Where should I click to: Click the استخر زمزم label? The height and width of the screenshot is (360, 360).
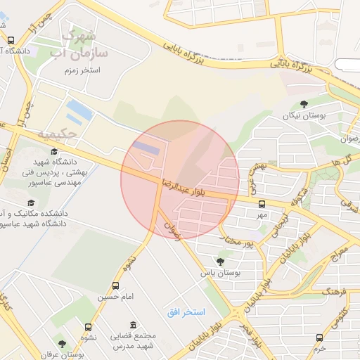pos(82,71)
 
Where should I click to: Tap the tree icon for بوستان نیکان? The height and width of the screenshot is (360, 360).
pos(304,103)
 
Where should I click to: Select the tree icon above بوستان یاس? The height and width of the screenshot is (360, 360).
pos(221,262)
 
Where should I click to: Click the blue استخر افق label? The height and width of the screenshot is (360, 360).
pos(185,311)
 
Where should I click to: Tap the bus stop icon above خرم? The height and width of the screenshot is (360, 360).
pos(320,337)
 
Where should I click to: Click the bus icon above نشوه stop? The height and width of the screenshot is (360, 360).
pos(88,327)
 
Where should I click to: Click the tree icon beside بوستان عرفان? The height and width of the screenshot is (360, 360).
pos(62,345)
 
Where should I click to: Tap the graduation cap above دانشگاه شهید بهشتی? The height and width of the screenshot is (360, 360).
pos(53,152)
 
